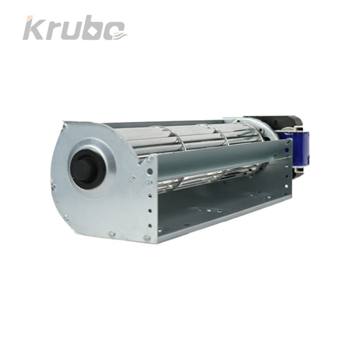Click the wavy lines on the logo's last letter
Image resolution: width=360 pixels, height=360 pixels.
[x=120, y=36]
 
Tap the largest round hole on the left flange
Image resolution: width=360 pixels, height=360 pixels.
[x=150, y=171]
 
